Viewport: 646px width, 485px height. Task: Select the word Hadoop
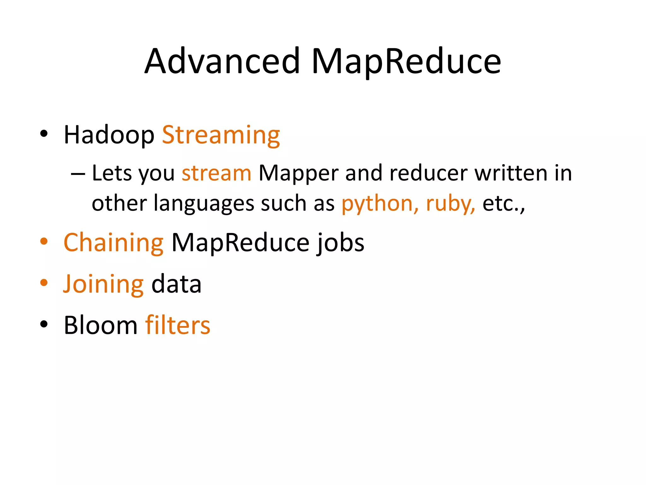click(109, 135)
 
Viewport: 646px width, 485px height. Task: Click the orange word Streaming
click(221, 136)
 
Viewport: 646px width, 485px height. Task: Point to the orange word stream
click(216, 173)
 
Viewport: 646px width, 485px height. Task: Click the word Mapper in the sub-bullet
click(298, 174)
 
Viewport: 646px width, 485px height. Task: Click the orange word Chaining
click(114, 243)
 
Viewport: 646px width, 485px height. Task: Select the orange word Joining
click(103, 284)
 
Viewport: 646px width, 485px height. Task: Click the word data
click(176, 284)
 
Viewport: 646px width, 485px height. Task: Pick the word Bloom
click(101, 325)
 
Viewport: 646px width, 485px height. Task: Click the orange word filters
click(178, 325)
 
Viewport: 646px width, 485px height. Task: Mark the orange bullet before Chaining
click(44, 242)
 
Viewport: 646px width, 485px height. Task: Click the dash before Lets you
click(78, 174)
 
